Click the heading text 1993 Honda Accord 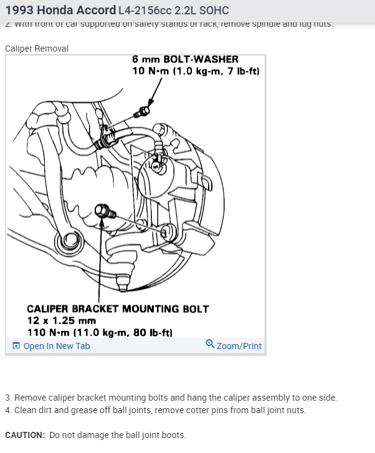point(60,11)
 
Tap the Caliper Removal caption point(37,48)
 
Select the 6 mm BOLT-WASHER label point(185,59)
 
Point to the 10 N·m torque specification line point(196,71)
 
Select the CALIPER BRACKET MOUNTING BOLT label point(118,309)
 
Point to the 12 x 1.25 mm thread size point(62,320)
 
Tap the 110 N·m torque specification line point(100,332)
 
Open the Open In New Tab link point(56,346)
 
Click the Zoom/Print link point(239,346)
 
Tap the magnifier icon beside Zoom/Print point(210,345)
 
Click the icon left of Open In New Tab point(16,346)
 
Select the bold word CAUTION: point(24,435)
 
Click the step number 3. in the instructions point(9,398)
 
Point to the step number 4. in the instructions point(9,410)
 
